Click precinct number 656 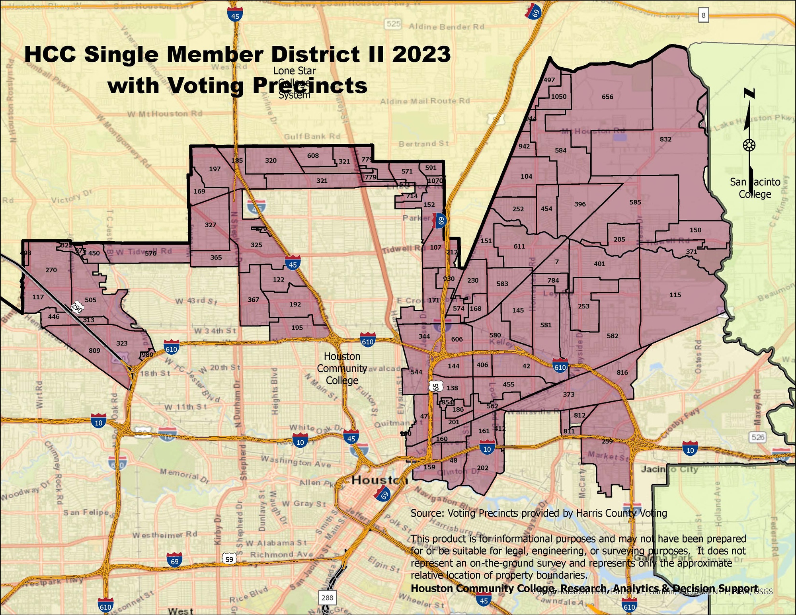tap(607, 97)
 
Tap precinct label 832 tap(665, 139)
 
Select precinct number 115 tap(675, 295)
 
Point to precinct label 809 tap(94, 351)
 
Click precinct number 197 tap(215, 169)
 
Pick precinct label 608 tap(313, 156)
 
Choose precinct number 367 tap(253, 300)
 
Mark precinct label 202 tap(482, 468)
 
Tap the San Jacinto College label tap(755, 188)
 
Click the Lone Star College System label tap(294, 82)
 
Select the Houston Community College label tap(342, 368)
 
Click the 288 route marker tap(327, 597)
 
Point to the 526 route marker tap(757, 437)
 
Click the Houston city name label tap(378, 480)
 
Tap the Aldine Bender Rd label tap(447, 27)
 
